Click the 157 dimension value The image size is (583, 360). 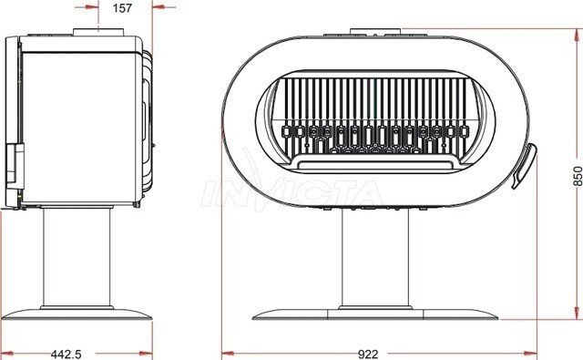[122, 8]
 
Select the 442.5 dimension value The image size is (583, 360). [66, 354]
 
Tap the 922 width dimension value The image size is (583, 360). [368, 354]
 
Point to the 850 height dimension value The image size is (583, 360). [578, 176]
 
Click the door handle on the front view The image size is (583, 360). [525, 166]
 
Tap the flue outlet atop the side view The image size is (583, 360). [98, 33]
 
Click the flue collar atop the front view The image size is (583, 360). [375, 32]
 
